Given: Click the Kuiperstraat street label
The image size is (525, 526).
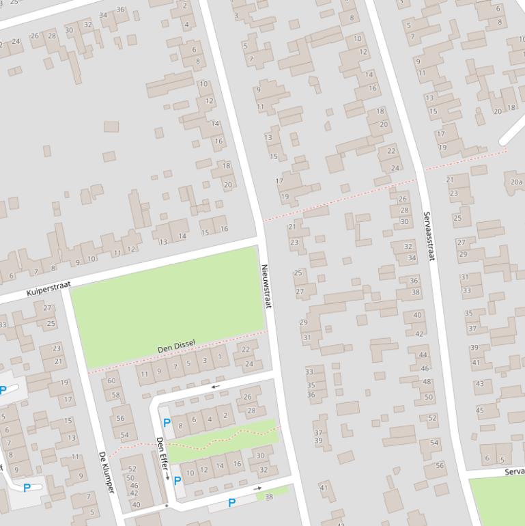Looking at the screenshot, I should (48, 288).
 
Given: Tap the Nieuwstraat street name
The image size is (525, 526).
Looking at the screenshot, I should (266, 286).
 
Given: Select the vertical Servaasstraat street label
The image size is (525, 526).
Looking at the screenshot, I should (428, 236).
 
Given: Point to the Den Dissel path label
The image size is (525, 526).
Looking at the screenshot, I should (176, 346).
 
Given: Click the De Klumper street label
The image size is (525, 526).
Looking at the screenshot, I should (106, 472).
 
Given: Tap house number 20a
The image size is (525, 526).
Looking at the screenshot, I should (516, 182).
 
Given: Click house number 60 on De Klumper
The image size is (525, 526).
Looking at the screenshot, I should (112, 381).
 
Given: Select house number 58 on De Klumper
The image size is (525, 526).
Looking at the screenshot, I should (115, 395).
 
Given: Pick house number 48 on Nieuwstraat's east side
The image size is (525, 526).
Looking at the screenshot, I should (427, 382).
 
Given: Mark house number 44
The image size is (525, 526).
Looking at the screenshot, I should (423, 355).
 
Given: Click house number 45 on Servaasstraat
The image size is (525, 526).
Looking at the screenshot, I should (479, 411).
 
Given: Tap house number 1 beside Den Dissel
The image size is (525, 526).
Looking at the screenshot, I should (219, 357).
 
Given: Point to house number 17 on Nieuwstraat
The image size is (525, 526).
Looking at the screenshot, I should (279, 181).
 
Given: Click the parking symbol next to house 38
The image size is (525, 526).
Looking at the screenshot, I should (231, 503).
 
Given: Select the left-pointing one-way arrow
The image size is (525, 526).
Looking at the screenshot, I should (215, 387).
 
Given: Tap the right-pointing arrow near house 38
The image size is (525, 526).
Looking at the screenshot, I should (257, 488).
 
